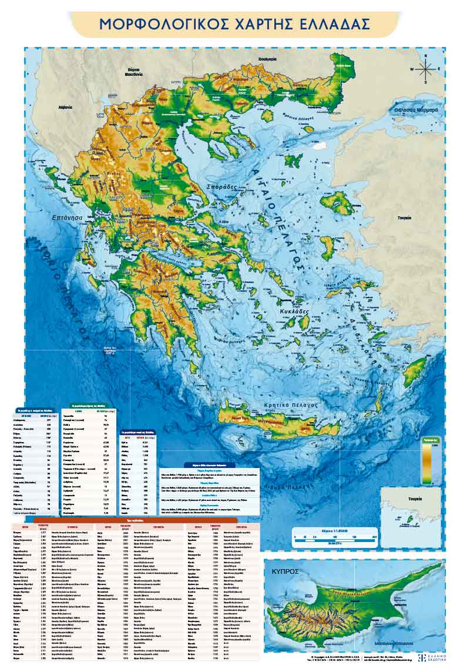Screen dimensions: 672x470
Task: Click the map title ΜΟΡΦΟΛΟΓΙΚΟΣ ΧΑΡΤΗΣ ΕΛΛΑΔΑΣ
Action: click(x=234, y=24)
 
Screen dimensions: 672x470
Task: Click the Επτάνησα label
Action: click(x=66, y=217)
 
